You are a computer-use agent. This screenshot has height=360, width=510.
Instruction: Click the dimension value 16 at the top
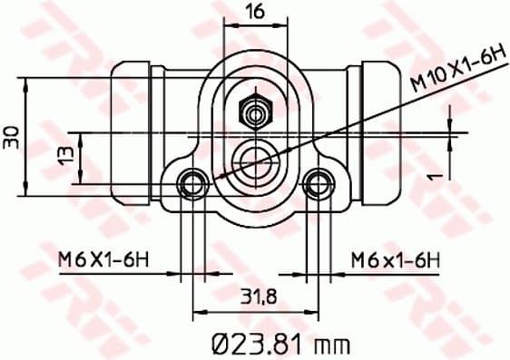click(x=255, y=12)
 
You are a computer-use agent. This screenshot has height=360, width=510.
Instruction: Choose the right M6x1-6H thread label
click(x=396, y=262)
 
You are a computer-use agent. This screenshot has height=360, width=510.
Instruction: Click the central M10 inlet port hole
click(x=254, y=161)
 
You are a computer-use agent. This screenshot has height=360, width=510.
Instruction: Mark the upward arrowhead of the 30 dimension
click(x=27, y=83)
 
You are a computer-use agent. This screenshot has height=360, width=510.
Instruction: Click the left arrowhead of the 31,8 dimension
click(x=197, y=313)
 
